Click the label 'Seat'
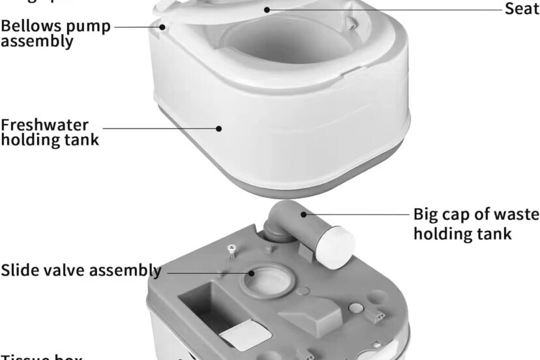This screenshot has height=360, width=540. click(x=522, y=9)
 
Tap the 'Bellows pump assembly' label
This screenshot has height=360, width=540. click(x=55, y=33)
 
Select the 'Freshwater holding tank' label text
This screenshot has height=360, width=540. click(x=50, y=132)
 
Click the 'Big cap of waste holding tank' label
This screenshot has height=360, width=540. click(x=476, y=224)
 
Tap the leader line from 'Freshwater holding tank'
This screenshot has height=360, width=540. click(x=163, y=128)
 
